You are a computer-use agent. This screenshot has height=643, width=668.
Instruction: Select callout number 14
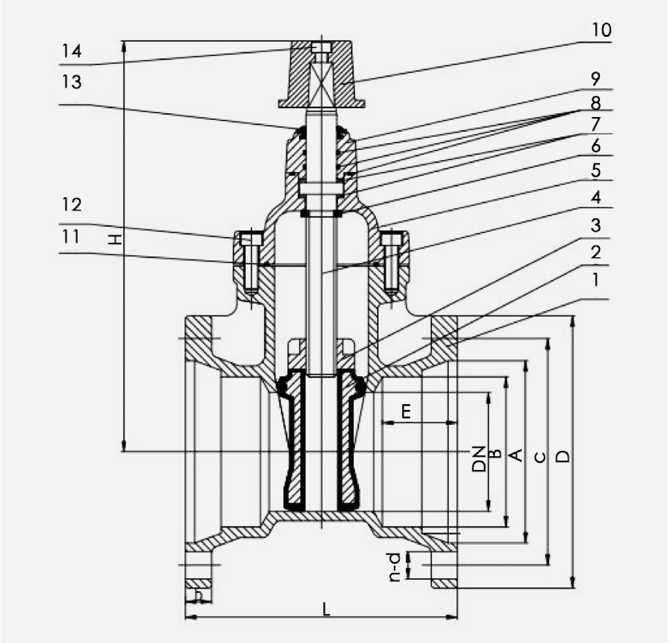coord(72,52)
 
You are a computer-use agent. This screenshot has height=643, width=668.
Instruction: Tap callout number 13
coord(72,82)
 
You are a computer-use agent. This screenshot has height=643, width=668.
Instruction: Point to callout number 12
coord(72,205)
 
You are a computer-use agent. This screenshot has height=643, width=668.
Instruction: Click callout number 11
coord(71,236)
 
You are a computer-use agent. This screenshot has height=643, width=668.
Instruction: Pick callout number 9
coord(595,79)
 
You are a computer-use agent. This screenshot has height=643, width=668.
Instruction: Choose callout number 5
coord(595,170)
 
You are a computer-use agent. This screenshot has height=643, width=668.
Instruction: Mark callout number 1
coord(595,280)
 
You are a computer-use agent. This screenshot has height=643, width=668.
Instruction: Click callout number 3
coord(595,225)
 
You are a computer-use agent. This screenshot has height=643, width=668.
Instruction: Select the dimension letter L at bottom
coord(327,609)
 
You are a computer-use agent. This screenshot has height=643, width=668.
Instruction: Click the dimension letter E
coord(406,412)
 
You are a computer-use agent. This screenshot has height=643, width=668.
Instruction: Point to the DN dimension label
coord(479,458)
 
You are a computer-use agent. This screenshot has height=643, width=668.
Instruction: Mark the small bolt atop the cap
coord(321,47)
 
